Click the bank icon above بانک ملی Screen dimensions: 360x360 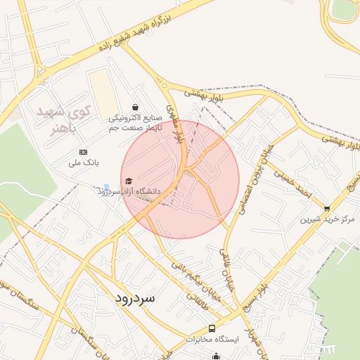[84, 152]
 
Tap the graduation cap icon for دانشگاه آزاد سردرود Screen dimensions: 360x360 [128, 181]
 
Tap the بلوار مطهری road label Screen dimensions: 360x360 [180, 128]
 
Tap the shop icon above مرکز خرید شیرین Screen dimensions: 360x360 [327, 208]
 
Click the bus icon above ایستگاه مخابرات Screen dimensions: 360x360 [212, 328]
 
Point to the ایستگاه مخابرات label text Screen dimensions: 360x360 [212, 340]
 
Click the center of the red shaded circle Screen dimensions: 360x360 [180, 180]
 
